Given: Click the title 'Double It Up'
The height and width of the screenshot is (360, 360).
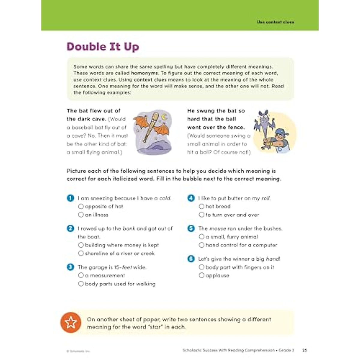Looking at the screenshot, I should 103,47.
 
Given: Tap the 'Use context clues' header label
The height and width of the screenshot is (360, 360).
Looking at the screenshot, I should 275,22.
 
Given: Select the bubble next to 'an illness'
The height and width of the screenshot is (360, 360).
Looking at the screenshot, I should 81,215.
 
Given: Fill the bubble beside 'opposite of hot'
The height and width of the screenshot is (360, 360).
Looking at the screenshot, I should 81,206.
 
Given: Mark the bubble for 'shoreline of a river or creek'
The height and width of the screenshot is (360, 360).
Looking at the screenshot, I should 81,253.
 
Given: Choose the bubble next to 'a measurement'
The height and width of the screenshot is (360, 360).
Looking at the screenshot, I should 81,275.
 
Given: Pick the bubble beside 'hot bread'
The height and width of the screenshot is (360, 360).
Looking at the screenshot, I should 202,206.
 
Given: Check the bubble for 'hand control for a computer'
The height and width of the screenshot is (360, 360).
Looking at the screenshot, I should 202,245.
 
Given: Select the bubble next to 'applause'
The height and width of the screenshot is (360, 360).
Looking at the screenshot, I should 202,275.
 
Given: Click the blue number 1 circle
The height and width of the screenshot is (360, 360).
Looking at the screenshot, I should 70,198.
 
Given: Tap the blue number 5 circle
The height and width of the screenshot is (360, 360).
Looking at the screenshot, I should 191,228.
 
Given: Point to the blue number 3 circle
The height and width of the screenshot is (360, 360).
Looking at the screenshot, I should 70,267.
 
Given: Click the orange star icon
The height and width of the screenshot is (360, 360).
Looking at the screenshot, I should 71,322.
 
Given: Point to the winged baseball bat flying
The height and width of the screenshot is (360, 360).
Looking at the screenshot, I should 151,126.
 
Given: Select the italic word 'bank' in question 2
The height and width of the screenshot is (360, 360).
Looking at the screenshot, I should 129,229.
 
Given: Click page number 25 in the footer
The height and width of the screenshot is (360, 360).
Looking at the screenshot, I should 304,350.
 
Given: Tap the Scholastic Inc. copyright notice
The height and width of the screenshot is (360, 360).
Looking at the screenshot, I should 78,351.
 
